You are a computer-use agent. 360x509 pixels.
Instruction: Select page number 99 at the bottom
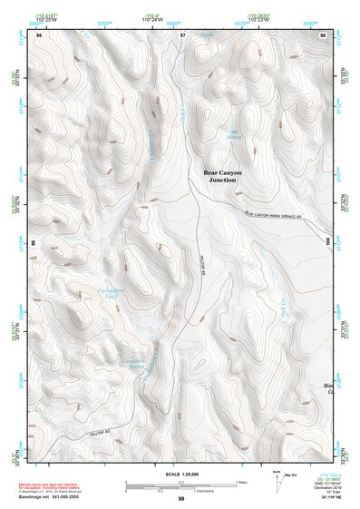(180, 498)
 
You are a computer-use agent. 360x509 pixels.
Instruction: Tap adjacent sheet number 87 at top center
(182, 34)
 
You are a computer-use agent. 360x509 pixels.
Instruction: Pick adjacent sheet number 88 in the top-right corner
(324, 34)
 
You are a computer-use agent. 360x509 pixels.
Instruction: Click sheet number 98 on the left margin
(34, 243)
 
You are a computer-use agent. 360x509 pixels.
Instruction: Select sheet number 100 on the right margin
(328, 240)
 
